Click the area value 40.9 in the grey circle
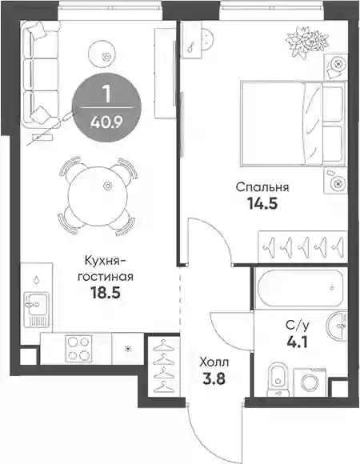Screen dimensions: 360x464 coord(106,122)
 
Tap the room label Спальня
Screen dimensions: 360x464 coord(262,187)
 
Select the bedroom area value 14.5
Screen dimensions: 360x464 coord(262,203)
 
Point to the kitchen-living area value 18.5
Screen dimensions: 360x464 coord(106,293)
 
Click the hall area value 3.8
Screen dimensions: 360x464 coord(214,378)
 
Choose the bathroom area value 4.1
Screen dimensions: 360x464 coord(298,342)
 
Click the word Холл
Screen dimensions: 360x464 coord(214,362)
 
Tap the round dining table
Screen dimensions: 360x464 coord(98,196)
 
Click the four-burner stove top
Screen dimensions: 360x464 coord(78,349)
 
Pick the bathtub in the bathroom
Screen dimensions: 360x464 coord(300,288)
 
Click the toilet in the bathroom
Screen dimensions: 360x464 coord(278,379)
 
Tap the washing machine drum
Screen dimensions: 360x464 coord(310,382)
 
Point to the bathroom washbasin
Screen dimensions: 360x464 coord(338,326)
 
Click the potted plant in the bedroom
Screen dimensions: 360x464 coord(306,42)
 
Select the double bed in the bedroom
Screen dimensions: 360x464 coord(294,123)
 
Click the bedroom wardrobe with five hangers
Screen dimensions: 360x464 coord(302,246)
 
